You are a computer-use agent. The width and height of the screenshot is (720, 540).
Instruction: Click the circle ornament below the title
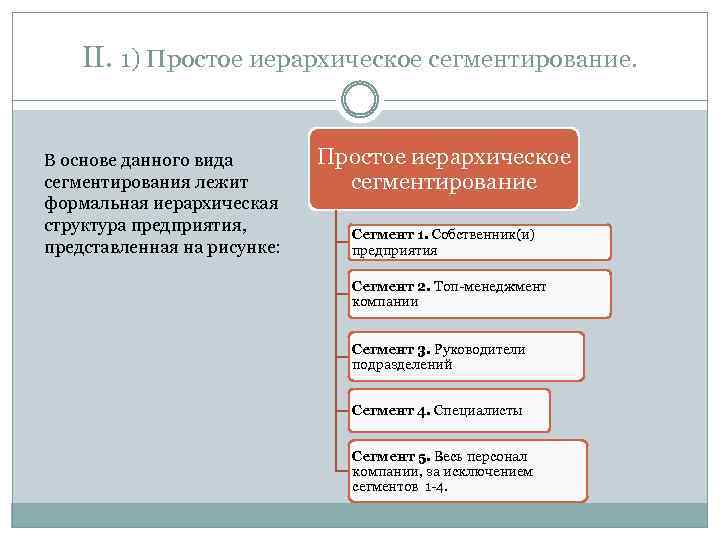pos(360,99)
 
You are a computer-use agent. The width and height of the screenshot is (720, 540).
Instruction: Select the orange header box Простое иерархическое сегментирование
pos(444,169)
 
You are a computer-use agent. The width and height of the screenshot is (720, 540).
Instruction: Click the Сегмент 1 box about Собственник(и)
pos(479,242)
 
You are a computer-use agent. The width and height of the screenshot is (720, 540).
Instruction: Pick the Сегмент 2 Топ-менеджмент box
pos(479,294)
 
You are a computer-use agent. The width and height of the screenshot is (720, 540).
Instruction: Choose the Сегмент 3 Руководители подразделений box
pos(466,357)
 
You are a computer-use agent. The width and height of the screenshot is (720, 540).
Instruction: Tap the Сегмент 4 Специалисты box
pos(449,410)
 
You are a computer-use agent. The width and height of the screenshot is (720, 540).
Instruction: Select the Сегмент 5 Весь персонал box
pos(467,471)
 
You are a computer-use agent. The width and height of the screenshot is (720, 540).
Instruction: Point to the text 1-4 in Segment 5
pos(436,486)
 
